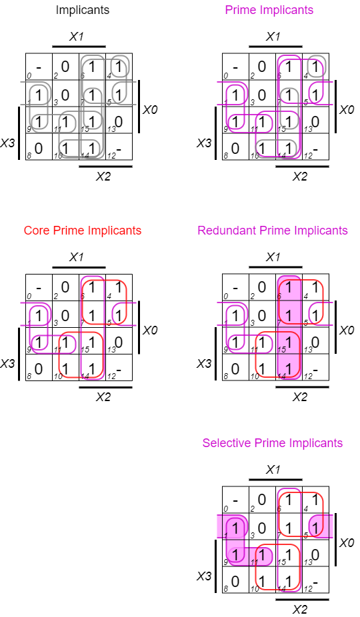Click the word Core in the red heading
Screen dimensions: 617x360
click(x=36, y=231)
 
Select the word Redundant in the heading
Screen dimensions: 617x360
click(x=227, y=231)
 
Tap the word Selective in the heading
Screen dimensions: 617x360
click(x=227, y=443)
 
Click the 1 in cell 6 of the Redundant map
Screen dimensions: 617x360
click(x=289, y=287)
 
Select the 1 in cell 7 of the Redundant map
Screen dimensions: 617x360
click(x=289, y=314)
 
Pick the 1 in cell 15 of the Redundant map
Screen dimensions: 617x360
click(x=289, y=342)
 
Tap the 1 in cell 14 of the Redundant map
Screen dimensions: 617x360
click(x=289, y=368)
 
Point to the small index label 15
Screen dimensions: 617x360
click(x=281, y=350)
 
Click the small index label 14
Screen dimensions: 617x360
click(x=281, y=376)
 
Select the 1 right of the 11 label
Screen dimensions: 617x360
click(x=263, y=555)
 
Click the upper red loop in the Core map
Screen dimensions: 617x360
click(x=104, y=301)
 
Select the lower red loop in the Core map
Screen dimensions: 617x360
click(x=81, y=354)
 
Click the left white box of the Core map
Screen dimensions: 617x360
click(x=11, y=314)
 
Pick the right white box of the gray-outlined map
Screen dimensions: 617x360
click(x=150, y=93)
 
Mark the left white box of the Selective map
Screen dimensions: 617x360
click(x=209, y=526)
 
